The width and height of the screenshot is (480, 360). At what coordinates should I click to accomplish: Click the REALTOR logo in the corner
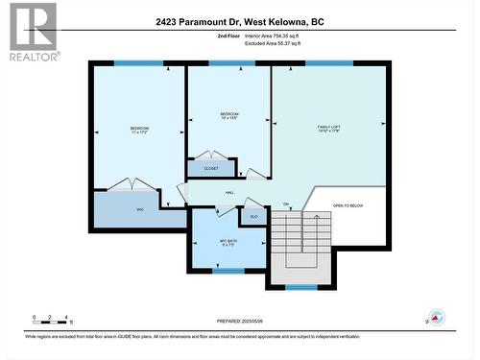pos(31,31)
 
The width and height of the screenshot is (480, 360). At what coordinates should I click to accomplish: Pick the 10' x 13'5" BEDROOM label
pos(228,117)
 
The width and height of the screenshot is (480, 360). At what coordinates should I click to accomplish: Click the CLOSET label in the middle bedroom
pos(210,169)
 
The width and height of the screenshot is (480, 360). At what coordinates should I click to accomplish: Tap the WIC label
pos(139,208)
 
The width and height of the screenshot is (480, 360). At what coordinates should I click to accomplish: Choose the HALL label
pos(230,193)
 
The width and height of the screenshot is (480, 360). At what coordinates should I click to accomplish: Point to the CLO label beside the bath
pos(253,217)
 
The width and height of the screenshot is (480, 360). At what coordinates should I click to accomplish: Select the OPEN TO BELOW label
pos(348,205)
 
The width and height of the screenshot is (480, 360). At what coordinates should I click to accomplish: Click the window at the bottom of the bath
pos(228,271)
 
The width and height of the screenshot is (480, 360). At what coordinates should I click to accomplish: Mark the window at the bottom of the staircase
pos(300,287)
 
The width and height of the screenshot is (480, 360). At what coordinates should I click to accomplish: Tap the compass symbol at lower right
pos(437,316)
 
